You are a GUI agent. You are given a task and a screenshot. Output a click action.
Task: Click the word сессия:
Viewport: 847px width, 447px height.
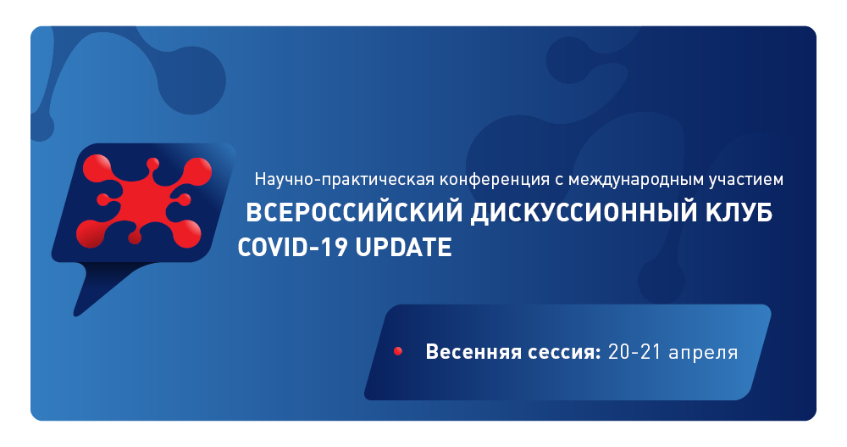(x=566, y=351)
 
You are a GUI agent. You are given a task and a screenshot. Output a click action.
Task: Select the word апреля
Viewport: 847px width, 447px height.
(x=703, y=351)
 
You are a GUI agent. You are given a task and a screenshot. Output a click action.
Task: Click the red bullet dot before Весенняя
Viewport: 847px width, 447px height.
(x=397, y=351)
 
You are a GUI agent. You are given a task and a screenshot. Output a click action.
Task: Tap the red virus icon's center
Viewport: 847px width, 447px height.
(x=141, y=199)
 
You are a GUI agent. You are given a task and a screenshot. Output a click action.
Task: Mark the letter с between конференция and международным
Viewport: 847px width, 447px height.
(x=560, y=180)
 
